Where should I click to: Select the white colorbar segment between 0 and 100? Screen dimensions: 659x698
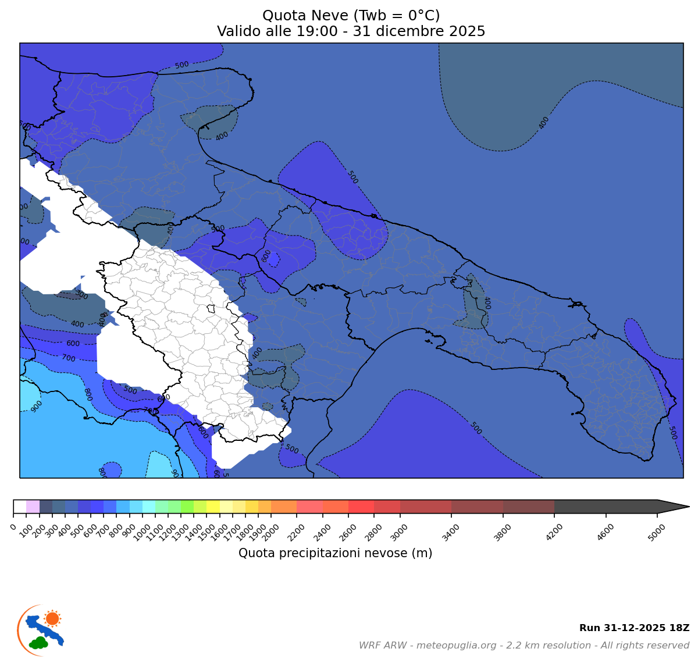20,507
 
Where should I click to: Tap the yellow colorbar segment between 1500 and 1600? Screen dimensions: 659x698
213,507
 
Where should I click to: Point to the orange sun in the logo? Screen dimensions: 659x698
52,618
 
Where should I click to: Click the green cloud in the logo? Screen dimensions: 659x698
39,643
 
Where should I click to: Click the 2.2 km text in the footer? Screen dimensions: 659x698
524,646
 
